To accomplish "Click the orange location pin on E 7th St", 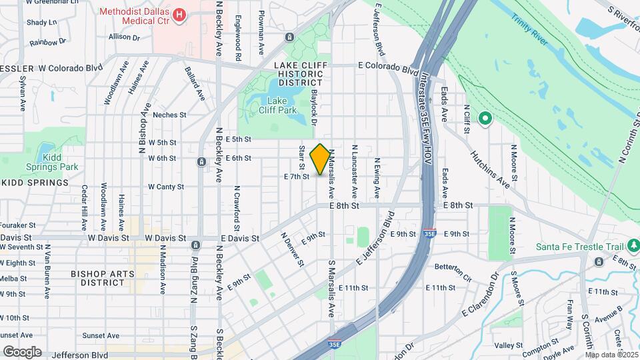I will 320,159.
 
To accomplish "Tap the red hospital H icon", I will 179,15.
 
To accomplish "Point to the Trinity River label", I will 530,29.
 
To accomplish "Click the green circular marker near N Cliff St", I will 485,119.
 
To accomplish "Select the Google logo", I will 22,351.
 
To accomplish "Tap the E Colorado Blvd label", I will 388,67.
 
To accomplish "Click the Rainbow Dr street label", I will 48,41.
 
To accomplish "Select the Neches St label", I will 169,115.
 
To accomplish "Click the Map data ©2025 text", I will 611,355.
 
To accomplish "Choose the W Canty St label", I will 166,187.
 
